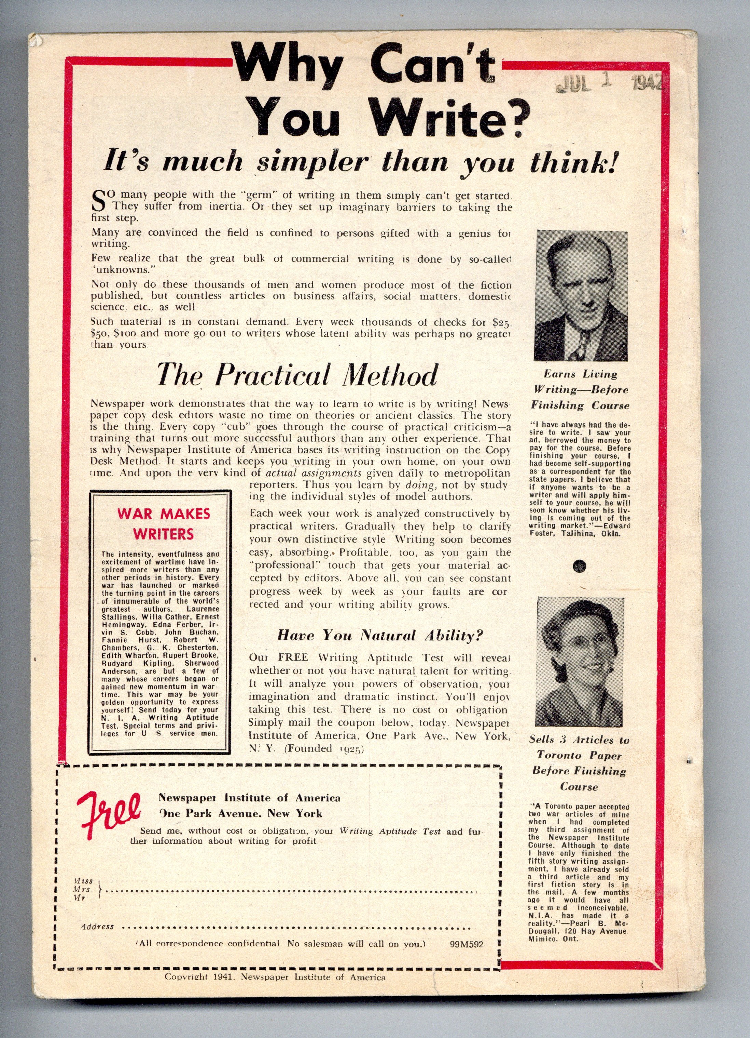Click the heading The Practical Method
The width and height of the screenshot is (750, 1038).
[x=297, y=375]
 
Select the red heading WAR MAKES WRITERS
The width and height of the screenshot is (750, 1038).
[x=163, y=523]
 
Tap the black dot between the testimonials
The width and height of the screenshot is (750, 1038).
[x=580, y=566]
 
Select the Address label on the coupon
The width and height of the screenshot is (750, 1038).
[x=97, y=926]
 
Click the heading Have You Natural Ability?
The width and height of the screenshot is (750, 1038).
[x=379, y=635]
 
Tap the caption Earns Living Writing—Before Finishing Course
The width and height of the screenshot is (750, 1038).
[x=580, y=389]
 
